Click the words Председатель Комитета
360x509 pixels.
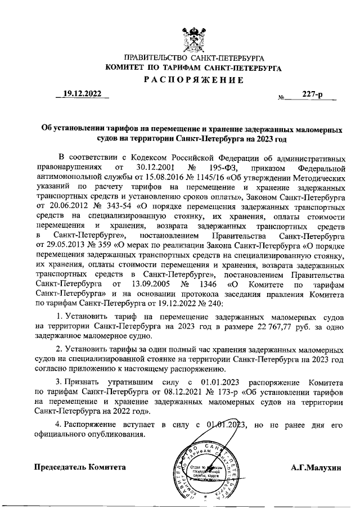(80, 467)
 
